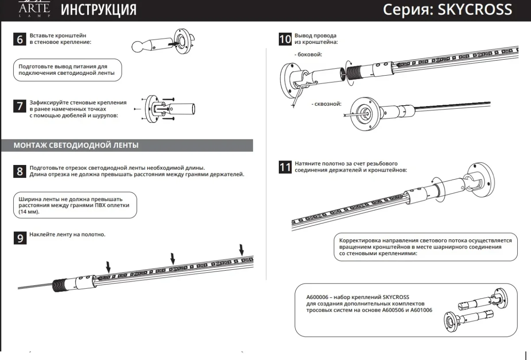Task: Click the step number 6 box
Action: pyautogui.click(x=20, y=39)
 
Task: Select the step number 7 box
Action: pyautogui.click(x=20, y=106)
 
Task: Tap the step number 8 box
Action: pyautogui.click(x=20, y=171)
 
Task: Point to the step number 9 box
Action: pyautogui.click(x=20, y=238)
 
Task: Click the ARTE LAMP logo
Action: pyautogui.click(x=34, y=9)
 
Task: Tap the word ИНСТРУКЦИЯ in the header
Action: pyautogui.click(x=98, y=10)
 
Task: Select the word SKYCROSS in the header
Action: pyautogui.click(x=474, y=10)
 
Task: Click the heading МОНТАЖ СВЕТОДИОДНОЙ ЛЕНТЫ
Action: pyautogui.click(x=76, y=145)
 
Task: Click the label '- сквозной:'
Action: pyautogui.click(x=327, y=104)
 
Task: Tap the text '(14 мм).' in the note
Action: pyautogui.click(x=29, y=212)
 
